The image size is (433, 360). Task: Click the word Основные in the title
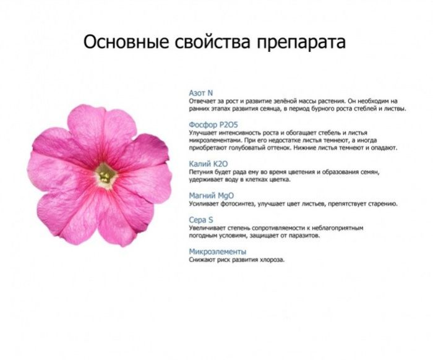click(126, 42)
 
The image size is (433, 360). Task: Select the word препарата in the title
click(301, 43)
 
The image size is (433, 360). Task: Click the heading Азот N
click(201, 93)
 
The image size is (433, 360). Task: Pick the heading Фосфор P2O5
click(213, 125)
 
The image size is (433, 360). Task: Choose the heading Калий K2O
click(208, 164)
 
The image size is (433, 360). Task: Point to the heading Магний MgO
click(212, 195)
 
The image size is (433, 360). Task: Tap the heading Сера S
click(201, 220)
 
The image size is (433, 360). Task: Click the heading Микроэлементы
click(218, 252)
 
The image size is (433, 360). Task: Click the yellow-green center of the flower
click(106, 175)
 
